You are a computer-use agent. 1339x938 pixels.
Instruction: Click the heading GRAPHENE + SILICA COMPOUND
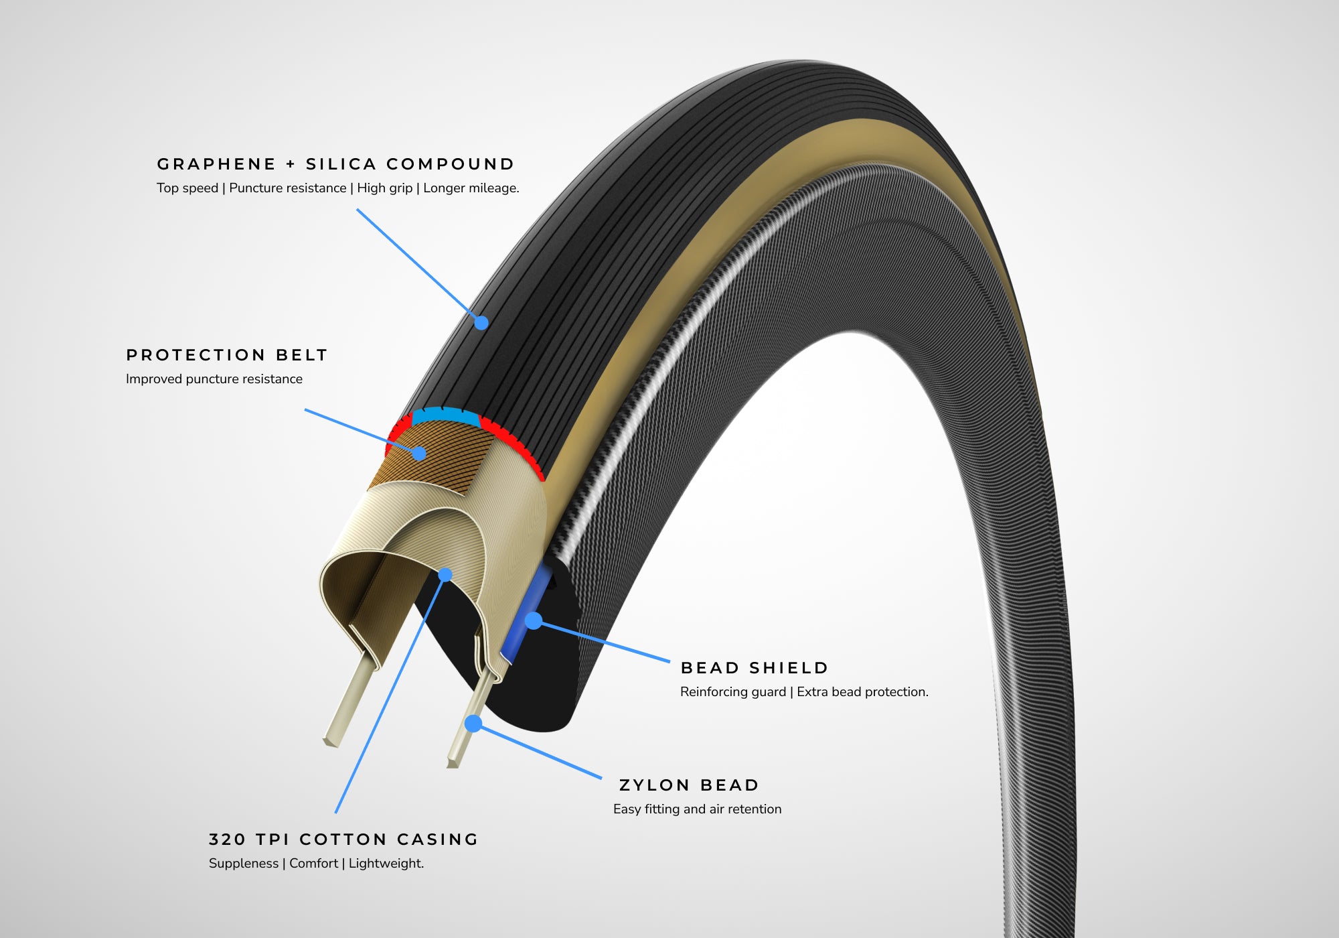pos(335,164)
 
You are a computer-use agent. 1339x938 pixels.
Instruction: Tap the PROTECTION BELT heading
pos(227,355)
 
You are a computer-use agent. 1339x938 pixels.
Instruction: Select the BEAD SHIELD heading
pos(755,668)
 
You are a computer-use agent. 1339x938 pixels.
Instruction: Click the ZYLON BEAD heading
pos(689,785)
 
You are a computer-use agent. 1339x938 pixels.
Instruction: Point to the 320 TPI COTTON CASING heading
pos(343,840)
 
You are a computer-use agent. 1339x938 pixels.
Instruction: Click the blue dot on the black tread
pos(481,323)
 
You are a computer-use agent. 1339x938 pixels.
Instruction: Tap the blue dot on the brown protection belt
pos(419,454)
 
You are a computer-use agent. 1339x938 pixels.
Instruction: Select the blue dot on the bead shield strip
pos(533,620)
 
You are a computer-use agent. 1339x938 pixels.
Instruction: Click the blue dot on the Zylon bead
pos(473,724)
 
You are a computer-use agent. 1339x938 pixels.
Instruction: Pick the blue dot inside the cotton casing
pos(445,575)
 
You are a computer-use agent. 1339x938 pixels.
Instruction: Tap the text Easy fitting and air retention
pos(697,809)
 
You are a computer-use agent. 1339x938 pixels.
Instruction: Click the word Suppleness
pos(243,864)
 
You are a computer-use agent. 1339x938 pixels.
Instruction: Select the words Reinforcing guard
pos(732,692)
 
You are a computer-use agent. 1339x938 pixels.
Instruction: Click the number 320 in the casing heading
pos(227,840)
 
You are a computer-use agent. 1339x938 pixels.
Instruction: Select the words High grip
pos(384,188)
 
